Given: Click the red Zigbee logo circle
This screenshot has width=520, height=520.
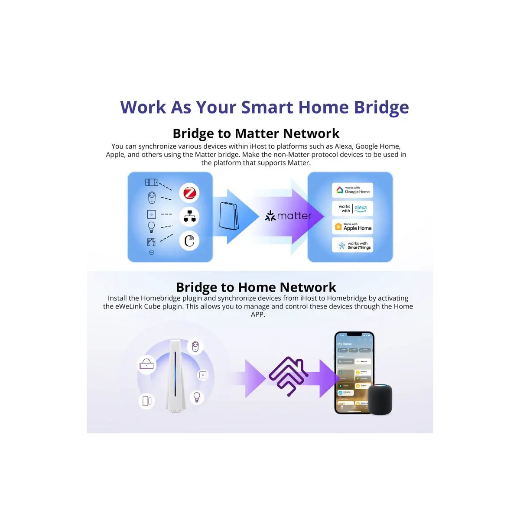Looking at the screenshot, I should pyautogui.click(x=189, y=193).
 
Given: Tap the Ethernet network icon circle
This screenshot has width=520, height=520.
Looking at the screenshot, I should pyautogui.click(x=189, y=216).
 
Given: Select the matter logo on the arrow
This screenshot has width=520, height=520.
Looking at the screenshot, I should pyautogui.click(x=288, y=216).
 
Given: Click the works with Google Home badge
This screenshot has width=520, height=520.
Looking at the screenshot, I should pyautogui.click(x=353, y=190).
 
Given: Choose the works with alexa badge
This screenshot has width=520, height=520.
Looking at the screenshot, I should pyautogui.click(x=353, y=208).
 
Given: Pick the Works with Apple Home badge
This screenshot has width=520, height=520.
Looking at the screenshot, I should pyautogui.click(x=353, y=227).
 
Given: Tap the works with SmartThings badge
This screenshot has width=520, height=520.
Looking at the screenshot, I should pyautogui.click(x=353, y=245).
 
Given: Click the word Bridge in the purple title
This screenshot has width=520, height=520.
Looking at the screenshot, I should pyautogui.click(x=381, y=107).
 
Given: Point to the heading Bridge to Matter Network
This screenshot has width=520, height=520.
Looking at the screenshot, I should pyautogui.click(x=256, y=133).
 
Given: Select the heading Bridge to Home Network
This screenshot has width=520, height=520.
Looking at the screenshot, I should pyautogui.click(x=256, y=287).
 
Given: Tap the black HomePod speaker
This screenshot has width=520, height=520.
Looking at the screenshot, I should pyautogui.click(x=380, y=399).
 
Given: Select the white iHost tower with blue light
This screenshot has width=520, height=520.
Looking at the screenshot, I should pyautogui.click(x=175, y=375).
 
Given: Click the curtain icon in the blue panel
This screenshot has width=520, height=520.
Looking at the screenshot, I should pyautogui.click(x=151, y=241).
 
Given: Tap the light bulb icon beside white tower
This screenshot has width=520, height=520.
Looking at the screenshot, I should pyautogui.click(x=197, y=396).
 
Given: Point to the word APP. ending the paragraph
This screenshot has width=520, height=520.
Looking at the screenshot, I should pyautogui.click(x=258, y=315).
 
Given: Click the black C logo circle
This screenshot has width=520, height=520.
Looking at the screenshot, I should pyautogui.click(x=189, y=240).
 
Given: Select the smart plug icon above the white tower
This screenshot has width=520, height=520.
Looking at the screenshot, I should pyautogui.click(x=195, y=347).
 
